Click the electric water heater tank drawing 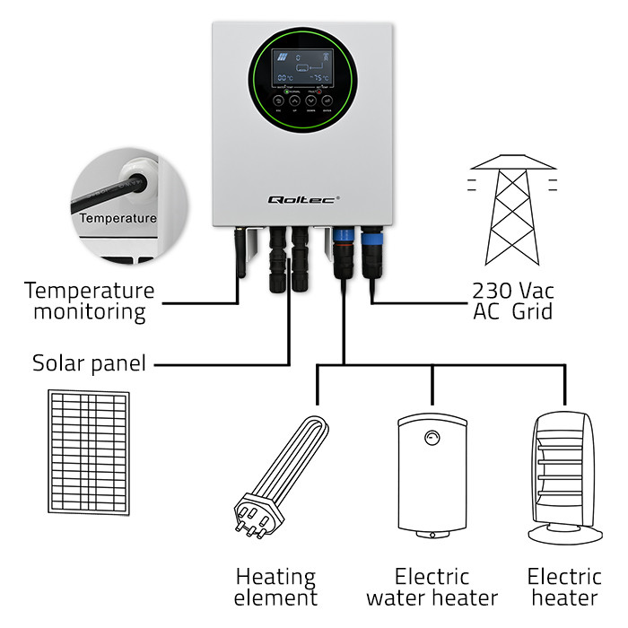point(433,475)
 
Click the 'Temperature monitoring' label point(89,301)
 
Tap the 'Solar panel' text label point(89,364)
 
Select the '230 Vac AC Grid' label point(512,301)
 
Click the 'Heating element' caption point(276,587)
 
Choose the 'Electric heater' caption point(564,587)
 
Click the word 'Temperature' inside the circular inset point(118,218)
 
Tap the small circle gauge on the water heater point(433,438)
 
